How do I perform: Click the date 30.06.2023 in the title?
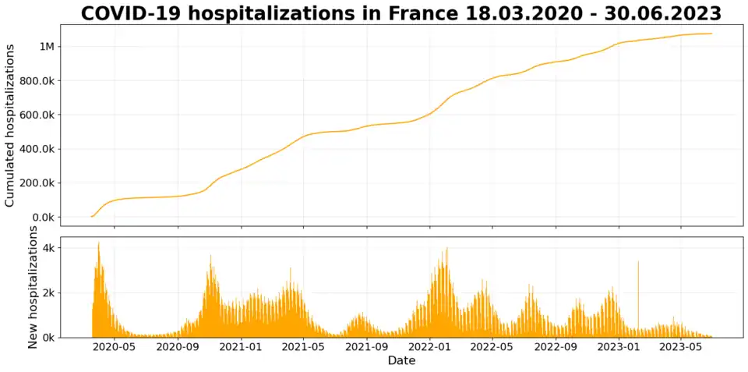tap(669, 14)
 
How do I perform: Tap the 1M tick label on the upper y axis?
tap(47, 47)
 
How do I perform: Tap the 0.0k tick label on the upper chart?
tap(42, 217)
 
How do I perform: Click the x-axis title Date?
tap(401, 361)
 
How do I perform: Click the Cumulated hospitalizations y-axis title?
tap(11, 126)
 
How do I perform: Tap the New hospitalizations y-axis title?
tap(33, 287)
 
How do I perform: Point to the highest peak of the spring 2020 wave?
tap(98, 244)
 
